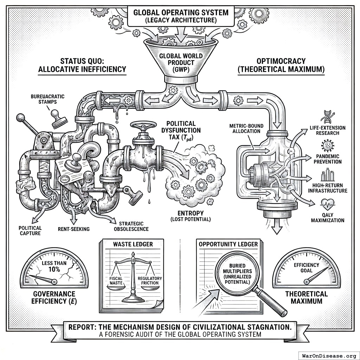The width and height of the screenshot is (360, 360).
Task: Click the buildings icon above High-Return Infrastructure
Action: [x=327, y=175]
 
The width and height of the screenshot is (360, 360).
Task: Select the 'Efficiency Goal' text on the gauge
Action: [x=307, y=268]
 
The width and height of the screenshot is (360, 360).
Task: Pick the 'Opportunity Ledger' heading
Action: [x=228, y=244]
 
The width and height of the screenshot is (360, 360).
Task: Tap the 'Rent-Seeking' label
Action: [x=74, y=229]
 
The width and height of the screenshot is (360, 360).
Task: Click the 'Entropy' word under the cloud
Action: [x=191, y=213]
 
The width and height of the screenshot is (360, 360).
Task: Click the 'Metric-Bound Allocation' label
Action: [x=245, y=129]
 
